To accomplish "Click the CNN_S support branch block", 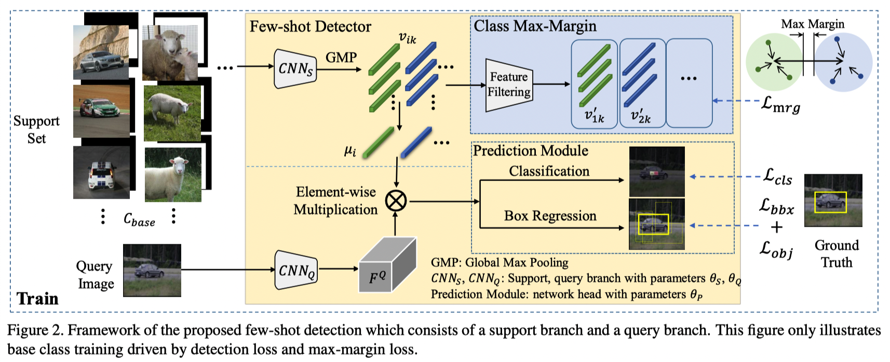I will click(295, 68).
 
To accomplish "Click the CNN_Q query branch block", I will click(295, 270).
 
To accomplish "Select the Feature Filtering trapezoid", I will click(509, 85).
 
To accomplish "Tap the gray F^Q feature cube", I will click(387, 266).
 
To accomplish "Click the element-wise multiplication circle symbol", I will click(396, 201).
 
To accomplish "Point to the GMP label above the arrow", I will click(341, 57).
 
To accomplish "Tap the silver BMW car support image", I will click(101, 52).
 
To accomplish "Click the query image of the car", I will click(152, 270).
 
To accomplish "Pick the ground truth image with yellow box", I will click(833, 201).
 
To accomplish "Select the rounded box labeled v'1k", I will click(594, 83).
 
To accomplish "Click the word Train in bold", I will click(37, 299).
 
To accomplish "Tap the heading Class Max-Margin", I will click(535, 26).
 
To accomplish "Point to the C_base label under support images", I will click(139, 219).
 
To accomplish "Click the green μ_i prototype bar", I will click(378, 142).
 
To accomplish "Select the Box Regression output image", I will click(656, 224).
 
